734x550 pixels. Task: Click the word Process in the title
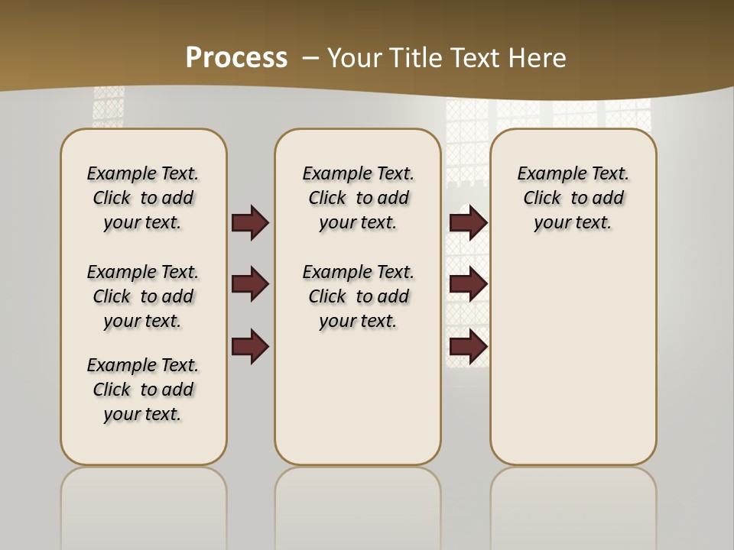(x=236, y=57)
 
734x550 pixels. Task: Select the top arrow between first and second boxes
(x=250, y=223)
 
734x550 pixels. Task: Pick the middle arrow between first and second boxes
(x=250, y=285)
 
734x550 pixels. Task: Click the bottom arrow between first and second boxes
(x=250, y=347)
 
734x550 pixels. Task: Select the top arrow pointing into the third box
(x=468, y=223)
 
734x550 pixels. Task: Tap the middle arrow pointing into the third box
(x=468, y=285)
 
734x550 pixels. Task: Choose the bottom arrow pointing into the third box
(x=468, y=347)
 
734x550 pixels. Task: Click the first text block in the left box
(x=143, y=198)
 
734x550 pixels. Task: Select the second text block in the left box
(x=143, y=296)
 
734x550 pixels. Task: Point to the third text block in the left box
(x=143, y=390)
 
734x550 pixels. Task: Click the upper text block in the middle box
(x=358, y=198)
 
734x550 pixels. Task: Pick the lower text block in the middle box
(x=358, y=296)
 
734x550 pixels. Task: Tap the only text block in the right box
(x=573, y=198)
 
